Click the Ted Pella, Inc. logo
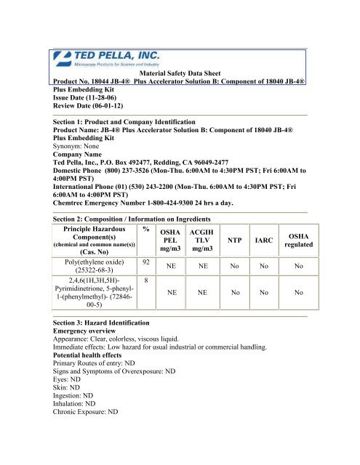pyautogui.click(x=106, y=61)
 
